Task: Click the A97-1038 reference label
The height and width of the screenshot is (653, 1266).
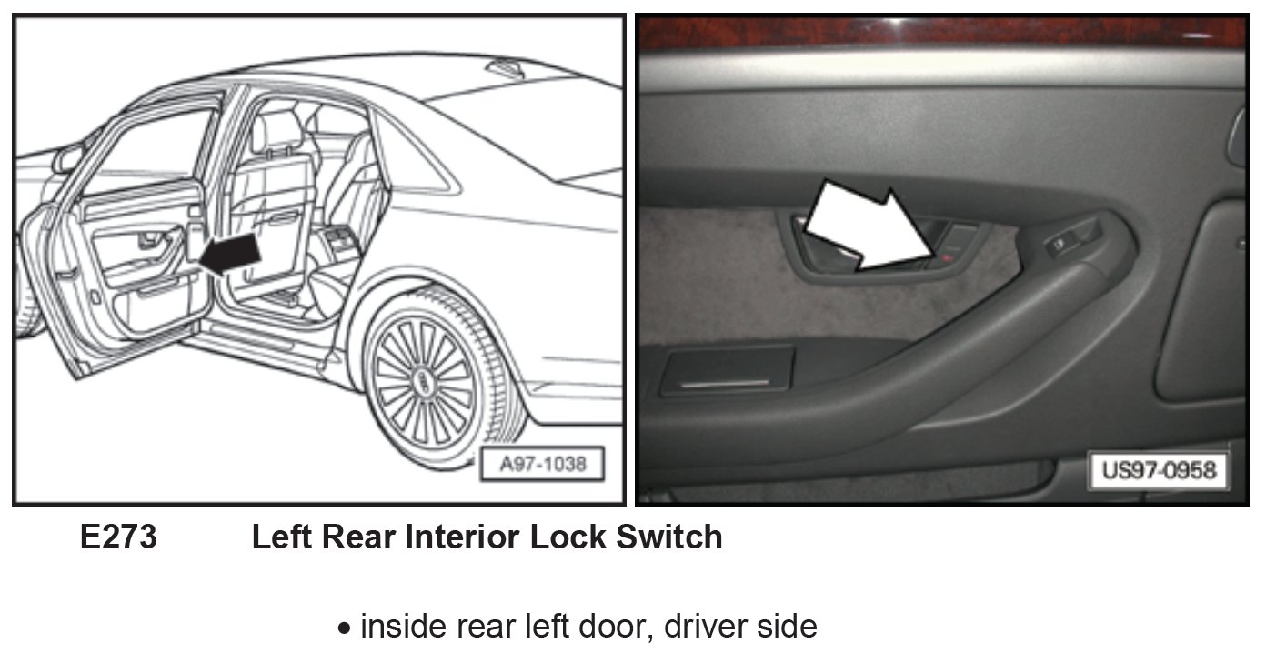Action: pyautogui.click(x=543, y=465)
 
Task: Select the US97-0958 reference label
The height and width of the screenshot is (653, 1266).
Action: pyautogui.click(x=1159, y=471)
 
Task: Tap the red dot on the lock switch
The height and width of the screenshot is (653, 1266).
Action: pyautogui.click(x=947, y=260)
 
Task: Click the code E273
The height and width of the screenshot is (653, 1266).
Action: pyautogui.click(x=118, y=537)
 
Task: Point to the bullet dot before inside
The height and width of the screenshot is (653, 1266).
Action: pyautogui.click(x=344, y=628)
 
